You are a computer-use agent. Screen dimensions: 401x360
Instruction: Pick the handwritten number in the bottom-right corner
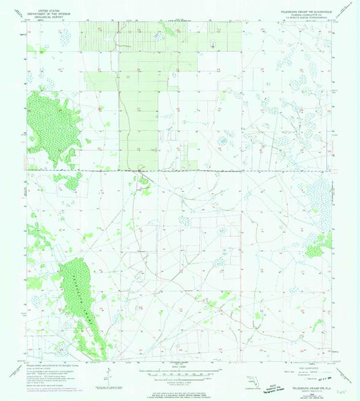click(348, 391)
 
